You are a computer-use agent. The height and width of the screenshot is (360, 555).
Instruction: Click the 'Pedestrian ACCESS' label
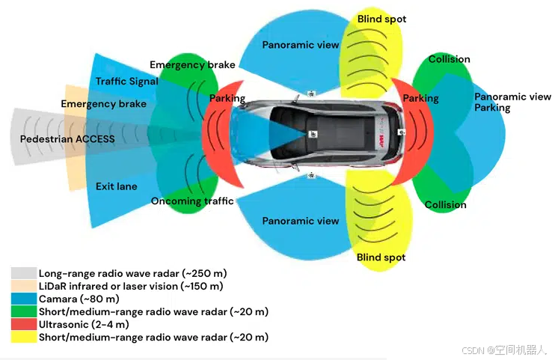[x=67, y=139]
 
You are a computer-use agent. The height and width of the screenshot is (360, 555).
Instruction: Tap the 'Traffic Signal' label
[x=127, y=81]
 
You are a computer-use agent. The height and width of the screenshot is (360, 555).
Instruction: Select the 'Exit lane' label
[x=117, y=186]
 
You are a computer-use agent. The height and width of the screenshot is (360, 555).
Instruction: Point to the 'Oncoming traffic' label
[x=192, y=201]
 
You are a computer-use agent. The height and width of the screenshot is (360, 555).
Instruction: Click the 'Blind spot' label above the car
[x=381, y=19]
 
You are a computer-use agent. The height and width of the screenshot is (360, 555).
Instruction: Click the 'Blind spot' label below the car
[x=381, y=257]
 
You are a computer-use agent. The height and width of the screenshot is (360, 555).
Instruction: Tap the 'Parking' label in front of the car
[x=227, y=99]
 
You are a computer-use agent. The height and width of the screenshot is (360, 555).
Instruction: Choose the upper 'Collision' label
[x=449, y=59]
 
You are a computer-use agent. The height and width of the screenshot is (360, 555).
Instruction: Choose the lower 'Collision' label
[x=446, y=205]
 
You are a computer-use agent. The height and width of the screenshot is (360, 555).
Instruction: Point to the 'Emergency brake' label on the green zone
[x=193, y=65]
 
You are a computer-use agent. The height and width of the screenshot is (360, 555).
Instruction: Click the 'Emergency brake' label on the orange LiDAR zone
[x=104, y=104]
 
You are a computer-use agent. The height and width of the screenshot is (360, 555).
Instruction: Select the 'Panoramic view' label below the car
[x=301, y=221]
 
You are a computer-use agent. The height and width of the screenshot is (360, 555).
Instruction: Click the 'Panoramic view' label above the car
[x=301, y=45]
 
